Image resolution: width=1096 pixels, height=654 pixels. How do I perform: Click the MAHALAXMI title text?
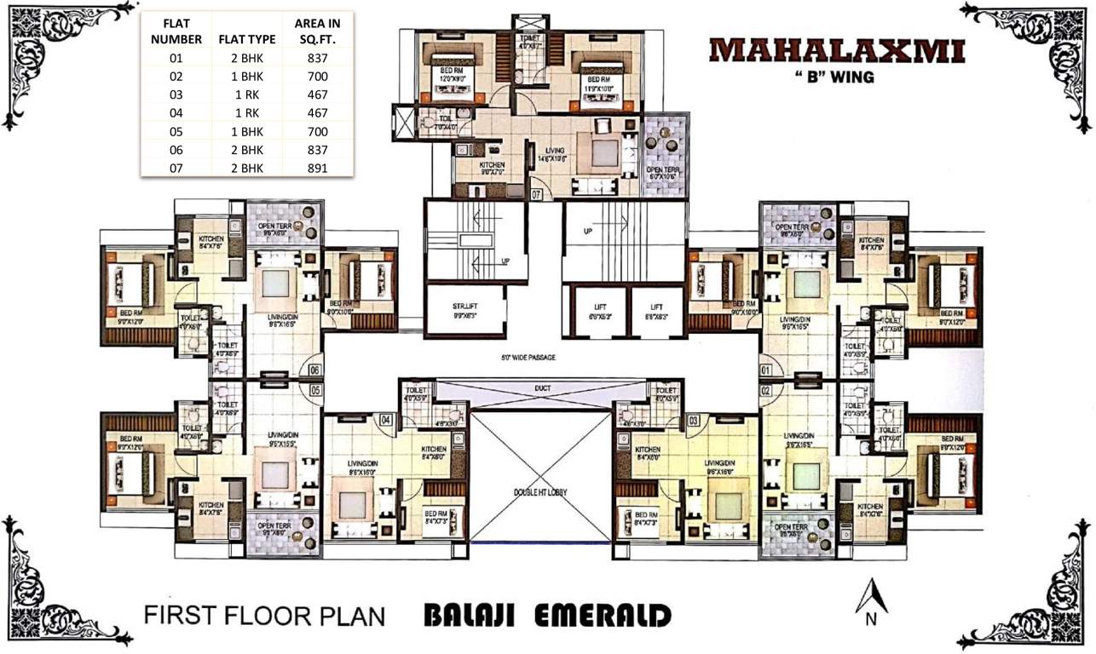coord(837,49)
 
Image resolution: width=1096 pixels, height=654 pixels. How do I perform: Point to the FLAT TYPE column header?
coord(246,39)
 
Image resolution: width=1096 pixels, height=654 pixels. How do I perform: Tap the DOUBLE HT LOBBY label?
coord(540,493)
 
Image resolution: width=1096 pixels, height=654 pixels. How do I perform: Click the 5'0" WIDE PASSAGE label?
coord(528,358)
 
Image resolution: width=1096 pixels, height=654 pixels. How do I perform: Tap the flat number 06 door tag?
coord(314,370)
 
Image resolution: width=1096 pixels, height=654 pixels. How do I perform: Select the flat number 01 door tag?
coord(766,370)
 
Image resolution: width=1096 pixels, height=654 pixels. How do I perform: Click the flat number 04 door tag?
coord(385,420)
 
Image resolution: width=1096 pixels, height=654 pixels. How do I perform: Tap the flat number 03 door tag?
coord(694,420)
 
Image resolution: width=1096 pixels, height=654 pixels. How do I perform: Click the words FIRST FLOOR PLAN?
coord(265,616)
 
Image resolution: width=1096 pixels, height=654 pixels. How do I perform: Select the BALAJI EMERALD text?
coord(547,616)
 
